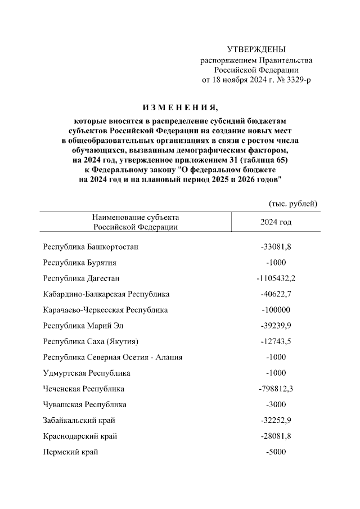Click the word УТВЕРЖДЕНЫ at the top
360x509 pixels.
256,49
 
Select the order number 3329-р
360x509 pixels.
295,80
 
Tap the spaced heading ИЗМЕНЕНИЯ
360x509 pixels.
179,107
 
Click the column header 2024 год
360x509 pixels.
276,222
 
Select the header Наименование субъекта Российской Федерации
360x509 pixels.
136,222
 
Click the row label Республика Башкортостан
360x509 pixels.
90,247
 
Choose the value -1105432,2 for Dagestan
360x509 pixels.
276,278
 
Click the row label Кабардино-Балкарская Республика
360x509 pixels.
106,294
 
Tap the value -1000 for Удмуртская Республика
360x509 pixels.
276,373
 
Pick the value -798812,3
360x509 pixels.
276,389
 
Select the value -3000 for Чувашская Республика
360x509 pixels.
276,404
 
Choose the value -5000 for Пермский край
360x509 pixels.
276,452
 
